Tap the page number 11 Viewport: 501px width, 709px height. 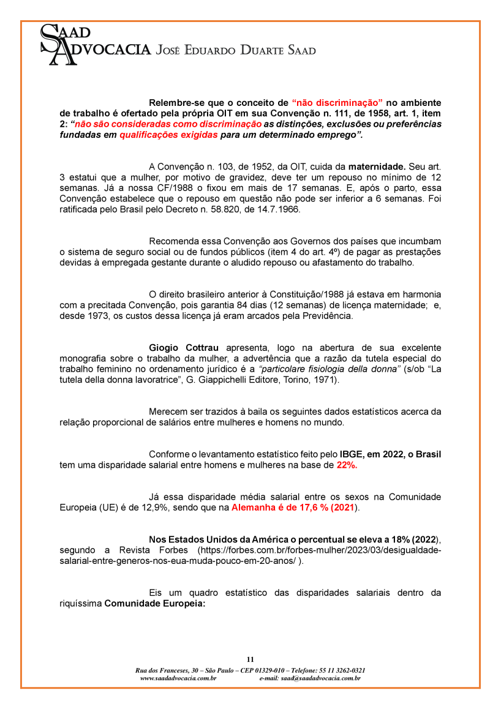click(x=250, y=659)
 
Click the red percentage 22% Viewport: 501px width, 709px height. click(x=347, y=465)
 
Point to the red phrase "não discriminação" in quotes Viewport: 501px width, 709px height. click(x=337, y=102)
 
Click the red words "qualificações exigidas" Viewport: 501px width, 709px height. click(x=168, y=135)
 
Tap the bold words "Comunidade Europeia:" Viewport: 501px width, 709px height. click(x=154, y=604)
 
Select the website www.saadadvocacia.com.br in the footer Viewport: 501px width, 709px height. click(x=178, y=678)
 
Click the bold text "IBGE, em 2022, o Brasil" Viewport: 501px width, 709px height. click(x=390, y=454)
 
